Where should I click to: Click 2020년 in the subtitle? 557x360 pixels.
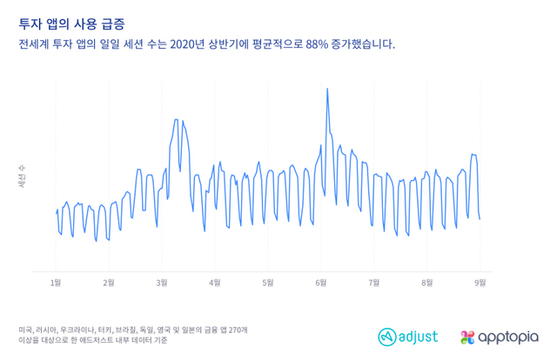[191, 42]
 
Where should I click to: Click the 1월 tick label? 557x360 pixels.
[56, 283]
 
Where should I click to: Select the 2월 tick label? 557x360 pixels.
[109, 283]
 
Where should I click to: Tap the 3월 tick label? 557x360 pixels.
[162, 283]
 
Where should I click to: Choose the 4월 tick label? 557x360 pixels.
[215, 283]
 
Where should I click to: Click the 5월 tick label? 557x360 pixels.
[268, 283]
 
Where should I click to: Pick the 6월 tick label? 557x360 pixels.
[321, 283]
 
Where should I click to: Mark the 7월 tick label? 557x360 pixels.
[374, 283]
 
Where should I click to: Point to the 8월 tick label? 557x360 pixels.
[427, 283]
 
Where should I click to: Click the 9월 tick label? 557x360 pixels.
[480, 283]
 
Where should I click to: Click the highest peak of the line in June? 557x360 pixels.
[326, 88]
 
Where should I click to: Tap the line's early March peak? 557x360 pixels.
[176, 120]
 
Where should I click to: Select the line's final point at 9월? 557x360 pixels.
[480, 219]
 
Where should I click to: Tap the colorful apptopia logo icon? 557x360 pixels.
[468, 337]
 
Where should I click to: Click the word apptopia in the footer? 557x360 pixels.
[508, 337]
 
